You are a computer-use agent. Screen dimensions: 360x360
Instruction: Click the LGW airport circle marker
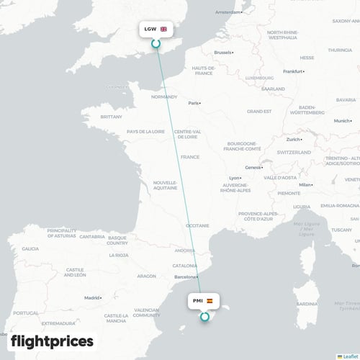pos(156,44)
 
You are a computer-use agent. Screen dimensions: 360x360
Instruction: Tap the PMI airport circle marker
pos(205,315)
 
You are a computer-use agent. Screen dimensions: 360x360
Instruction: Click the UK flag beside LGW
pos(164,30)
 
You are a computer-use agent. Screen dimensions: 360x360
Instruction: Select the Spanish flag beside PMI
pos(210,300)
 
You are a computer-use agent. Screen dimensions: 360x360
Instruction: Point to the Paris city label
pos(193,103)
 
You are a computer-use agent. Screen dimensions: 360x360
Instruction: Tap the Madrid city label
pos(91,297)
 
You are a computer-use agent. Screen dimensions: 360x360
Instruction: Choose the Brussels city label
pos(223,53)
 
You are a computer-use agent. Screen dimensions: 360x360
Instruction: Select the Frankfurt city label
pos(292,71)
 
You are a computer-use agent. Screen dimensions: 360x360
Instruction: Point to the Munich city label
pos(342,121)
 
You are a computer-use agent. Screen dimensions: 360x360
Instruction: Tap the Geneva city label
pos(253,168)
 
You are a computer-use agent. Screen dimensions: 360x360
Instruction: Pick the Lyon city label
pos(234,178)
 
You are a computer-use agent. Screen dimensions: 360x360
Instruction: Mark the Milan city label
pos(306,185)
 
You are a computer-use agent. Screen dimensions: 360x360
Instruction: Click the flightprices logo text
pos(52,341)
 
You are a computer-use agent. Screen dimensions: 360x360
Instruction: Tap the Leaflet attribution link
pos(348,356)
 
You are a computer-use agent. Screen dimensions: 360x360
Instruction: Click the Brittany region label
pos(112,117)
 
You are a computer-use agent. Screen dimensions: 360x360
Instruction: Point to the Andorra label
pos(185,251)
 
